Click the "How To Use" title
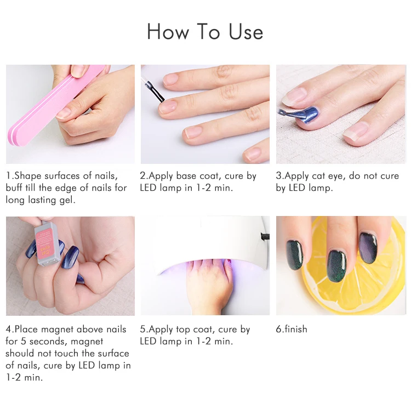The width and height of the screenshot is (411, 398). (x=205, y=31)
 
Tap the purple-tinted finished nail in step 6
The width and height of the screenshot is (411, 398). (x=368, y=247)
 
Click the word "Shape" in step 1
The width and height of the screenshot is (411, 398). (x=28, y=176)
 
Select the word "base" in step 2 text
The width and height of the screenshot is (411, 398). (x=187, y=176)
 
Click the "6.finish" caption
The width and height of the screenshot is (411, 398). (x=291, y=329)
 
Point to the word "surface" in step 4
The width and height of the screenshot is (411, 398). (x=113, y=354)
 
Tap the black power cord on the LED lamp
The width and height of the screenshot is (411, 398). (x=265, y=236)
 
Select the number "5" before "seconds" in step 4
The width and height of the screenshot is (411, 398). (x=24, y=342)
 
